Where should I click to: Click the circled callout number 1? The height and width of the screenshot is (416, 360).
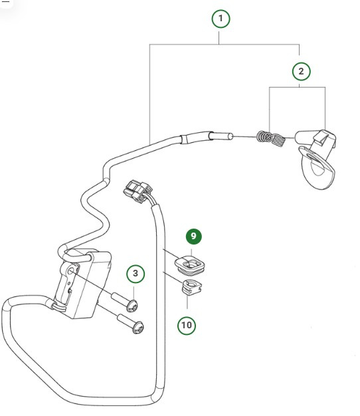pyautogui.click(x=221, y=19)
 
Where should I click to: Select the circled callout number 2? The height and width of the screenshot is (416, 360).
pyautogui.click(x=300, y=70)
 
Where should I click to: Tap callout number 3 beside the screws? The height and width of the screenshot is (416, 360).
pyautogui.click(x=135, y=273)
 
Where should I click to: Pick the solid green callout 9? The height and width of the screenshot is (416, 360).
pyautogui.click(x=194, y=236)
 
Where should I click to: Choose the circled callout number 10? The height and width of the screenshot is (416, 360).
pyautogui.click(x=187, y=325)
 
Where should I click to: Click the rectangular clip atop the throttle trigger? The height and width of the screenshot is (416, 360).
pyautogui.click(x=323, y=137)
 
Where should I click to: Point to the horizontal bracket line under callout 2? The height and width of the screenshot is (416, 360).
pyautogui.click(x=297, y=87)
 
